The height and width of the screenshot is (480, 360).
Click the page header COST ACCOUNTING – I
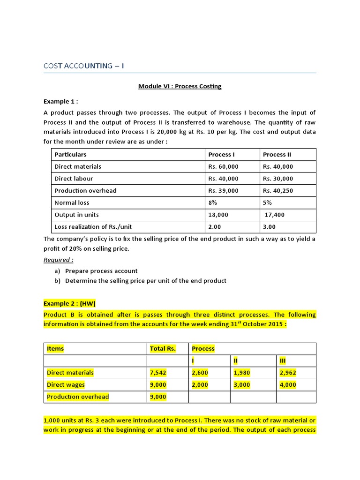(x=84, y=66)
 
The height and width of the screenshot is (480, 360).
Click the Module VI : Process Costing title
(x=180, y=86)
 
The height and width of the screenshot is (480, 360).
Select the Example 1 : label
(x=60, y=101)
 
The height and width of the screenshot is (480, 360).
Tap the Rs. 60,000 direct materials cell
(x=223, y=166)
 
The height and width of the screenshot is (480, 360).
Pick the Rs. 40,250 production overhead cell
(x=278, y=191)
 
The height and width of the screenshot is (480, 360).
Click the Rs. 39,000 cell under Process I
(x=223, y=191)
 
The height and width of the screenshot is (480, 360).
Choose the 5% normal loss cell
(x=267, y=203)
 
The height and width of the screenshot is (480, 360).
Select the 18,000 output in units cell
(x=218, y=215)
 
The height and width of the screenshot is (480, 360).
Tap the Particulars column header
(x=70, y=154)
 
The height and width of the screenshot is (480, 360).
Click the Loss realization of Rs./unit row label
(x=93, y=227)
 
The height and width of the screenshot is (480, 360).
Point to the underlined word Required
(x=59, y=260)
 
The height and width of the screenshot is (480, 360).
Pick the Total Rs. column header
(x=163, y=348)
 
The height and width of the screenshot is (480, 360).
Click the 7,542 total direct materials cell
(x=158, y=373)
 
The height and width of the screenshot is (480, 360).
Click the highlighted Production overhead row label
(x=78, y=397)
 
